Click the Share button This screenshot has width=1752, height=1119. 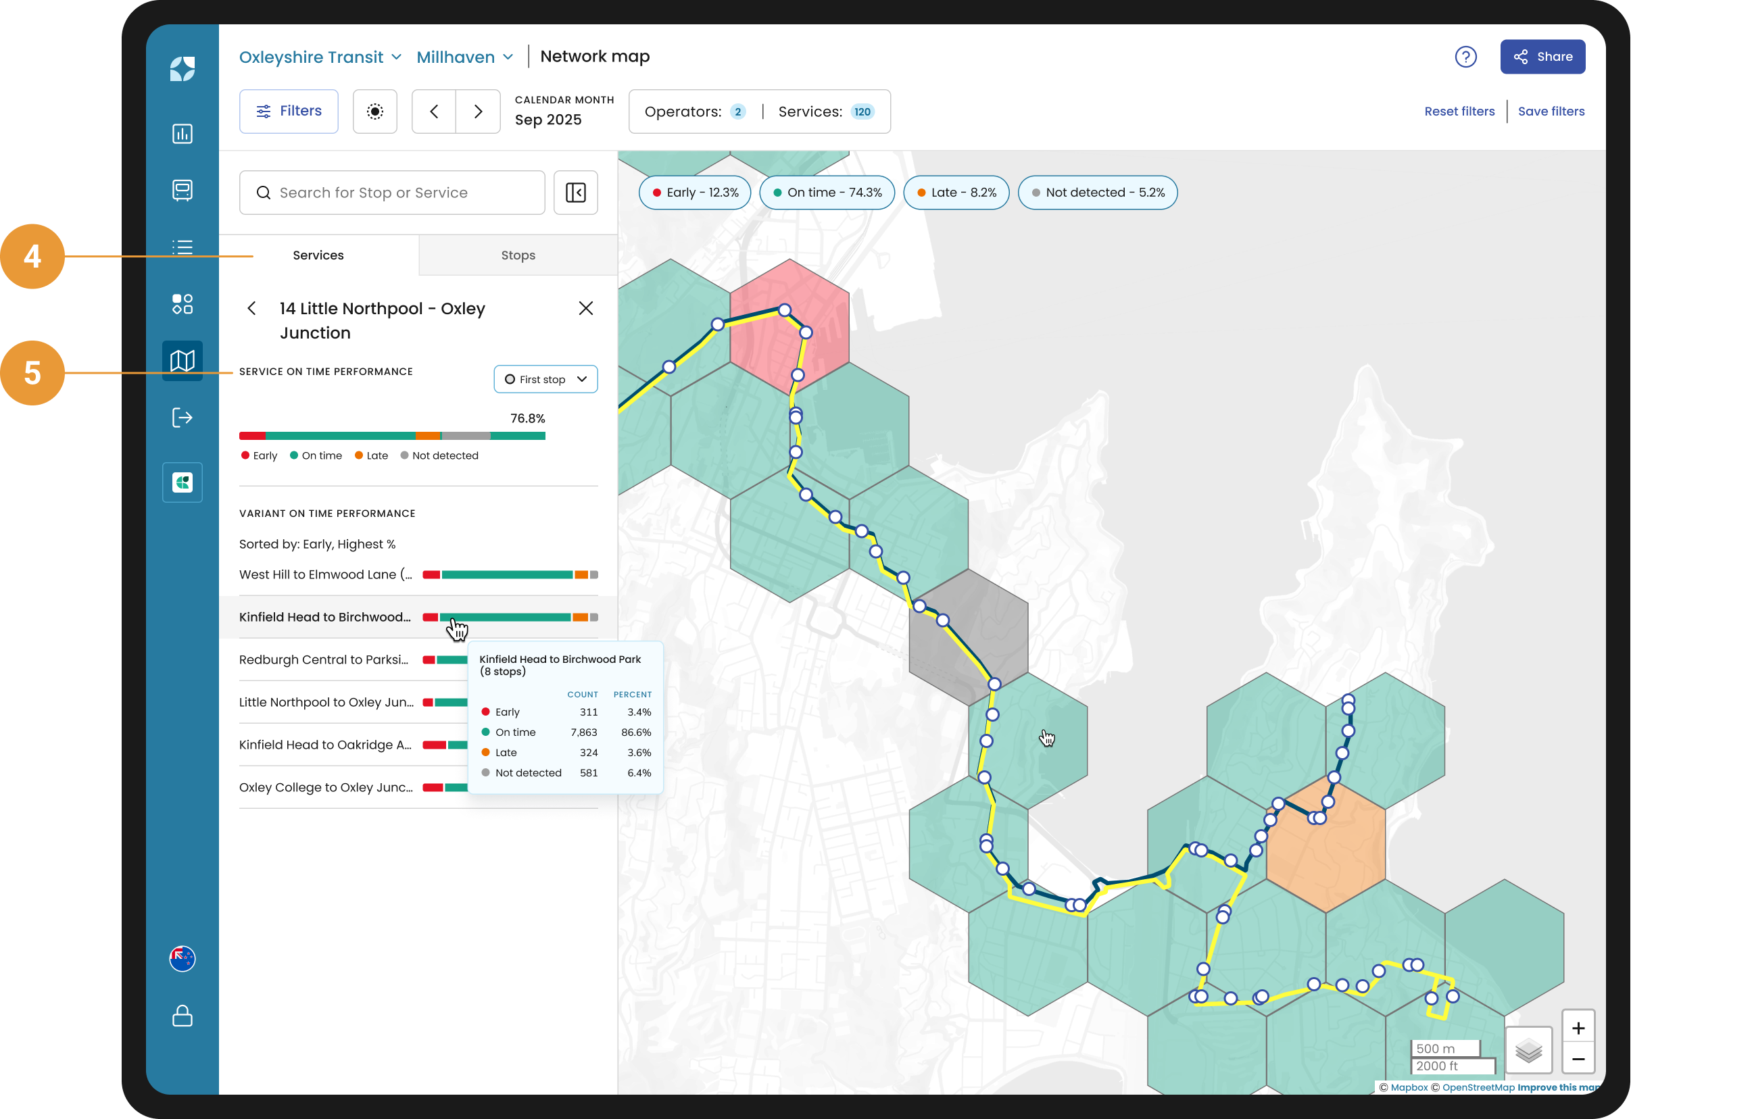point(1542,57)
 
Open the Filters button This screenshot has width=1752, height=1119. point(289,111)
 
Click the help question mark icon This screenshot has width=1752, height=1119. point(1465,57)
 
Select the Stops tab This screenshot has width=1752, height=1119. point(518,255)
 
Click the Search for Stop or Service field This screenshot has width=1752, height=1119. point(392,193)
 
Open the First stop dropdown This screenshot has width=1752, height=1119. point(545,379)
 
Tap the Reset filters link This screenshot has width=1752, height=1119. point(1459,111)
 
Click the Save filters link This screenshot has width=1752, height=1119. point(1551,111)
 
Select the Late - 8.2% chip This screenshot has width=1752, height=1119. point(956,193)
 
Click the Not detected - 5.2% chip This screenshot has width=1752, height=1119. point(1097,193)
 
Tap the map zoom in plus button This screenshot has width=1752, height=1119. point(1578,1027)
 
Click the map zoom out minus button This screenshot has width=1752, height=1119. point(1578,1059)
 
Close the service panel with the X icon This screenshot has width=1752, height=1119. point(586,309)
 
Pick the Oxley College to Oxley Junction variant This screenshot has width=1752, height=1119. point(326,787)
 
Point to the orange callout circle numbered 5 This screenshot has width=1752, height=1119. point(32,373)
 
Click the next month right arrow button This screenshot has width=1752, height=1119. point(478,111)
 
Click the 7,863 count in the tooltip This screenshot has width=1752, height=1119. point(583,732)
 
